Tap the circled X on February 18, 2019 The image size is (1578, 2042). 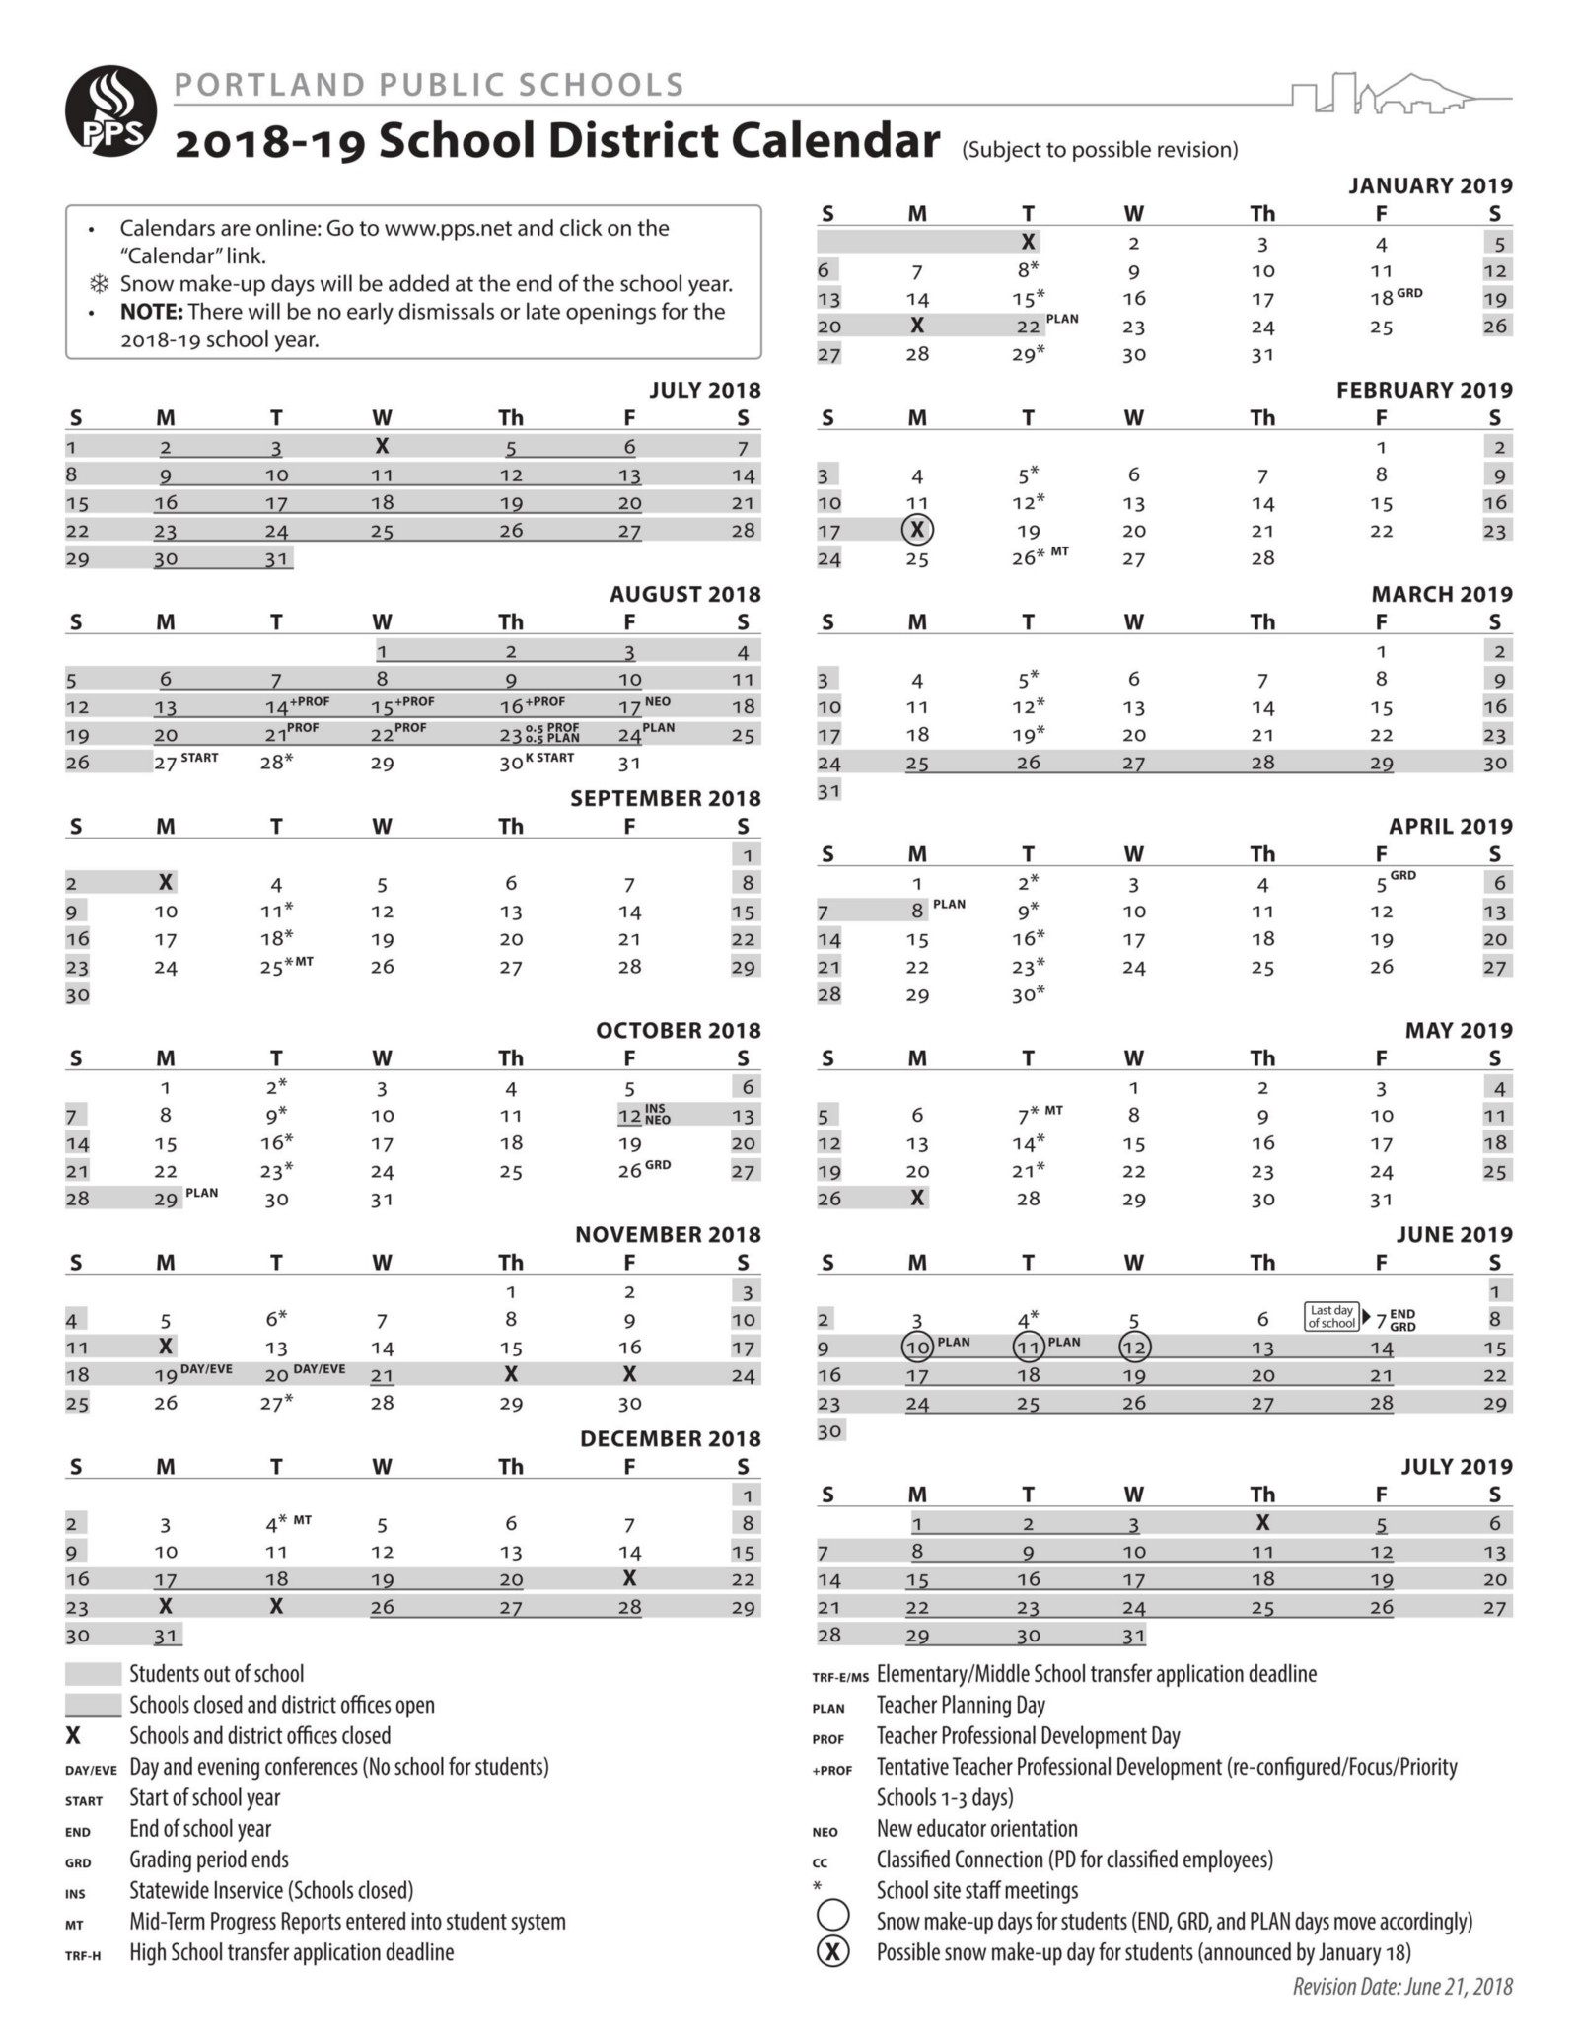(917, 531)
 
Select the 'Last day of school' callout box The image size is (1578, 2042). (1331, 1317)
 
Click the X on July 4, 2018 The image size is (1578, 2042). (382, 447)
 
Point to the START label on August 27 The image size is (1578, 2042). (199, 758)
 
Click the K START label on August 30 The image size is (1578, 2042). (549, 758)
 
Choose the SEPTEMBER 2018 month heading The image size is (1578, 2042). (665, 798)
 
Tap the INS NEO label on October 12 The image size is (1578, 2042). (657, 1115)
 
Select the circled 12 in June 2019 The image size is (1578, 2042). (1134, 1347)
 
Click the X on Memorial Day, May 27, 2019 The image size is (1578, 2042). (917, 1199)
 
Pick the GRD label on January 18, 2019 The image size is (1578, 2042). (1409, 293)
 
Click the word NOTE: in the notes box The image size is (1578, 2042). (151, 312)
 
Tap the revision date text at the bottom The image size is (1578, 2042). (1402, 1987)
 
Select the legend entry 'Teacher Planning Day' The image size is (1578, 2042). (960, 1705)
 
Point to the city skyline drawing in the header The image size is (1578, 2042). (1400, 94)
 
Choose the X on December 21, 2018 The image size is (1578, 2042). (629, 1578)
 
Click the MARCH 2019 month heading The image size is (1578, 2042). (1441, 594)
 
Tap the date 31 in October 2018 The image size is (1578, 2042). (382, 1200)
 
